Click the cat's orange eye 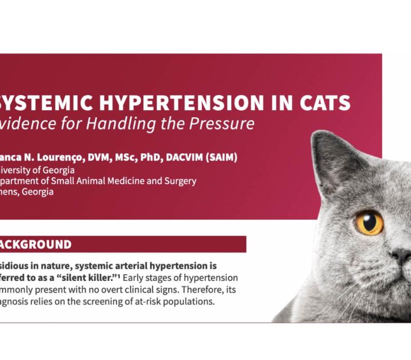pos(369,222)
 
